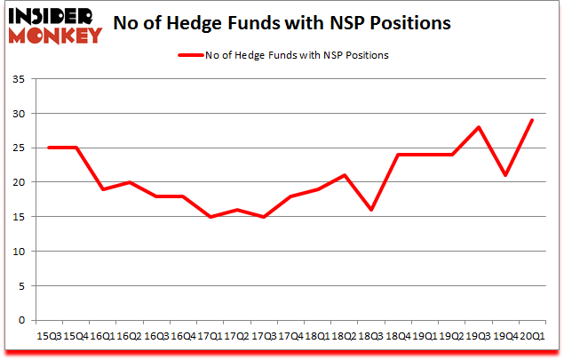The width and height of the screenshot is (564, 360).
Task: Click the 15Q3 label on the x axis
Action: [48, 336]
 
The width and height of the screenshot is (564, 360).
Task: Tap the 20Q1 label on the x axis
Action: [533, 336]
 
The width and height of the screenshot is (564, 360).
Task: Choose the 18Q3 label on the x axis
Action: [371, 336]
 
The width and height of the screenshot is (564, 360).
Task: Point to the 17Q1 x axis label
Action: [210, 336]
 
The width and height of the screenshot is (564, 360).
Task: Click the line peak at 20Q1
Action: [533, 121]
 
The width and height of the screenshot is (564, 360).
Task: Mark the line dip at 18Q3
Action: [371, 211]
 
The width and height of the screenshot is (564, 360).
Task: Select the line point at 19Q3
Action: [479, 128]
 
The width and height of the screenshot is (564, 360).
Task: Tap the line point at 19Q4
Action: [505, 176]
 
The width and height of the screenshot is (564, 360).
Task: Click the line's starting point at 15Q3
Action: [48, 148]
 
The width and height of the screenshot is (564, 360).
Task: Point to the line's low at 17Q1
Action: [210, 217]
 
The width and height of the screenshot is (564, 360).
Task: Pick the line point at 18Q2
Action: [345, 176]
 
